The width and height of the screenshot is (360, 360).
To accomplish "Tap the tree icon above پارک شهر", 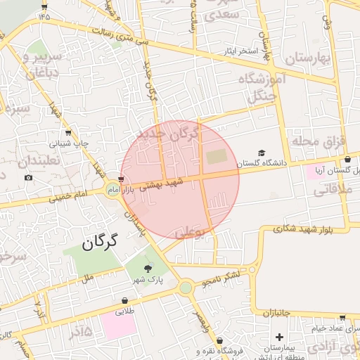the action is (147, 268).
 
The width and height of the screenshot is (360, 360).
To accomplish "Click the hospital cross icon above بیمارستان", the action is (279, 337).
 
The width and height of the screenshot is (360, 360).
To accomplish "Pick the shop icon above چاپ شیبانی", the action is (67, 133).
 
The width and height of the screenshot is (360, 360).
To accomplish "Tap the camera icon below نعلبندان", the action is (28, 177).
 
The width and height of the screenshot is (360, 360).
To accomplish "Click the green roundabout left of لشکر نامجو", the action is (185, 287).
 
